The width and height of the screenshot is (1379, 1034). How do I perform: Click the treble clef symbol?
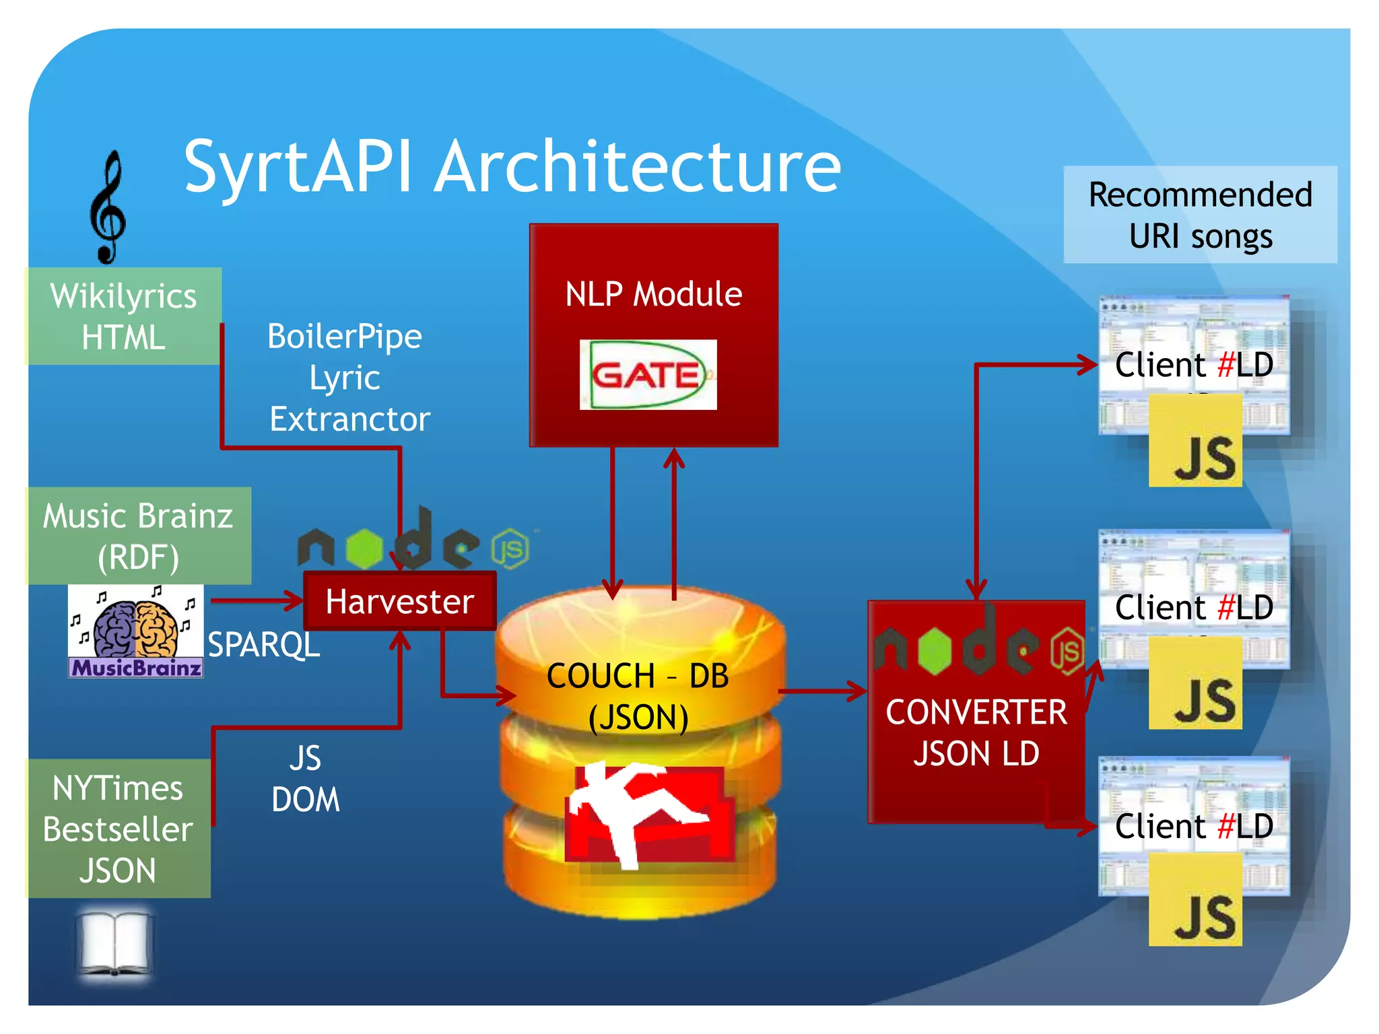[108, 207]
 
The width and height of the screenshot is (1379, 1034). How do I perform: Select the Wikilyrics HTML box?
[124, 316]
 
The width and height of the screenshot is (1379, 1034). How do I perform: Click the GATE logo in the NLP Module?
[648, 375]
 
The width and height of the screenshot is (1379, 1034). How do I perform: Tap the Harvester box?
[400, 601]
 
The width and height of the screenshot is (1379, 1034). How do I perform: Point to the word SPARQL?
[263, 645]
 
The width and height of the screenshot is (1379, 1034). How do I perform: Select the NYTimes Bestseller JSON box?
[119, 829]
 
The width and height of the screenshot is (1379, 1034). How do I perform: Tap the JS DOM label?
[306, 779]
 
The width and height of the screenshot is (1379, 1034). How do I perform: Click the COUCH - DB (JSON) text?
[638, 696]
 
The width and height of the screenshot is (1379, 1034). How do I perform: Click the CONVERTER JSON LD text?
[976, 732]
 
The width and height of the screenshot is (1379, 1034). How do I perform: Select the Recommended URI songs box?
[1200, 215]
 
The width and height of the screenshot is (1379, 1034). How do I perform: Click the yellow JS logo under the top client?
[1195, 442]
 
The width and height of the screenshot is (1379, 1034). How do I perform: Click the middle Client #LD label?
[1194, 607]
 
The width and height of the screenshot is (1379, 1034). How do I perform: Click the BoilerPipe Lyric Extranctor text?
[348, 378]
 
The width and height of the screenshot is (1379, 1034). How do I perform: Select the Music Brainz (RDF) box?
[139, 536]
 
